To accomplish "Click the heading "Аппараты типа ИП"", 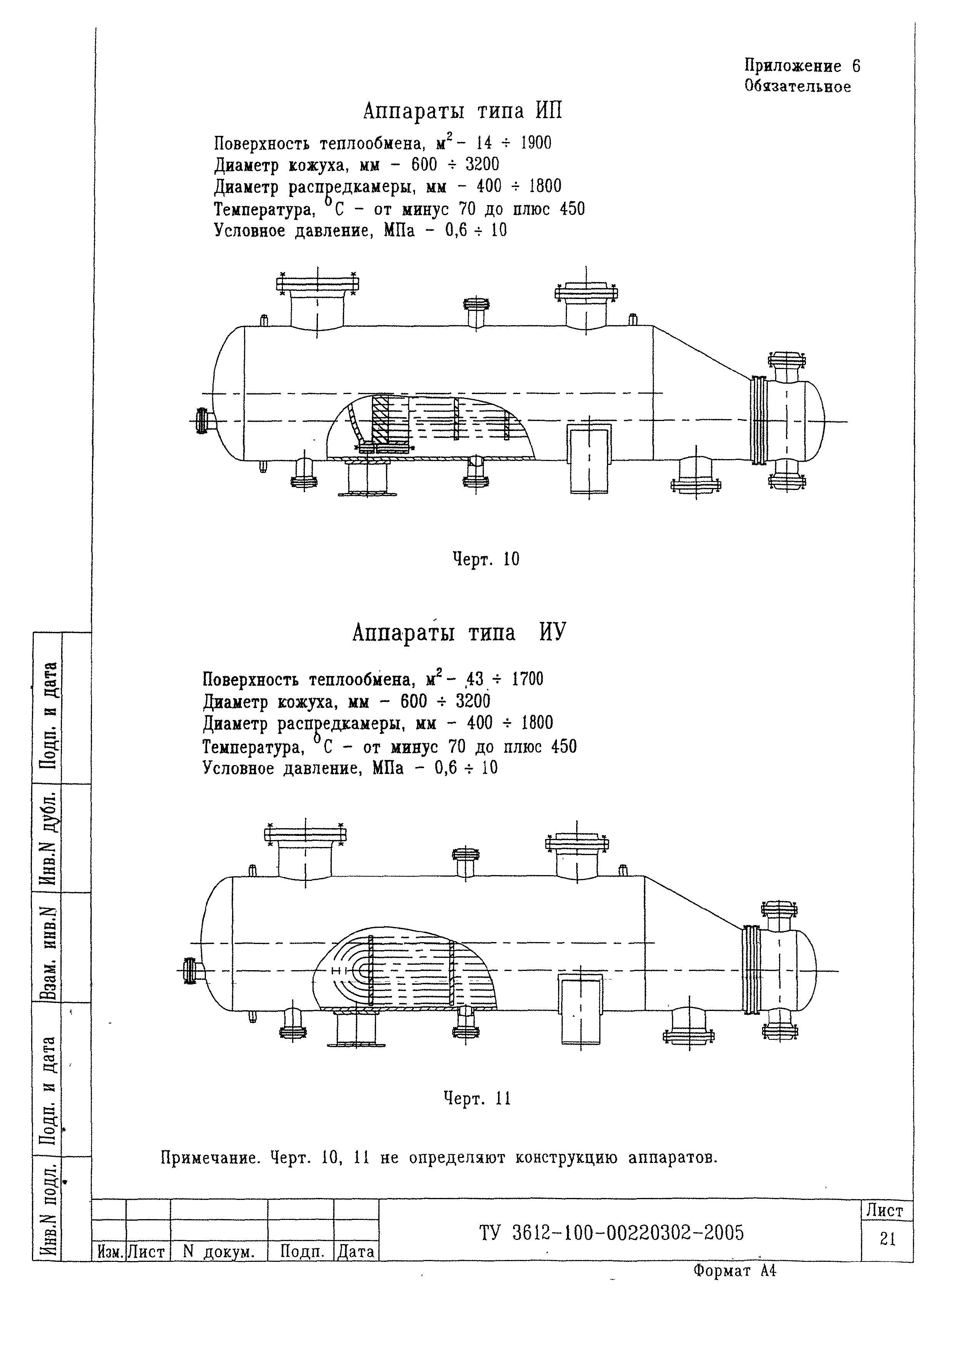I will [x=463, y=112].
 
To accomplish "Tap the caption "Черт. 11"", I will [x=477, y=1098].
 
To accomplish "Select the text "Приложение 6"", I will [x=802, y=66].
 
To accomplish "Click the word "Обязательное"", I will [x=797, y=87].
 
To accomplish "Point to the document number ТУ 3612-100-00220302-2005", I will [x=612, y=1233].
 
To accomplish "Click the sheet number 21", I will [x=888, y=1240].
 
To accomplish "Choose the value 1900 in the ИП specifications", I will [x=536, y=143].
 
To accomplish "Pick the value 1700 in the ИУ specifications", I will [x=528, y=679].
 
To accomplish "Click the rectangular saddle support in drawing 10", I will [x=589, y=459].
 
